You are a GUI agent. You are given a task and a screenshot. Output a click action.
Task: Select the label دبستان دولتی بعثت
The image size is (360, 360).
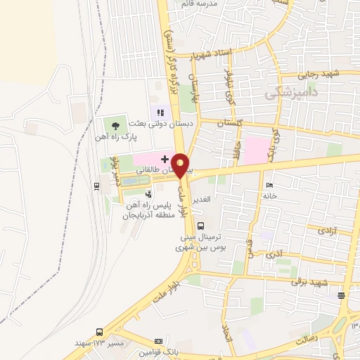point(161,124)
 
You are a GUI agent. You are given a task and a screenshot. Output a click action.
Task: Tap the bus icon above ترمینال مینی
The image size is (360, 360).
point(202,226)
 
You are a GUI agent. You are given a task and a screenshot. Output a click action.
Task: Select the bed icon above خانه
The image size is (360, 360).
point(271,185)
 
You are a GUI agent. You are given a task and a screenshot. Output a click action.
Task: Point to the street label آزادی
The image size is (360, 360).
point(327,231)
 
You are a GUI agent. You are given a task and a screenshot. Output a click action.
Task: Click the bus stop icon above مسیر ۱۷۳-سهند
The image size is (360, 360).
point(99,331)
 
